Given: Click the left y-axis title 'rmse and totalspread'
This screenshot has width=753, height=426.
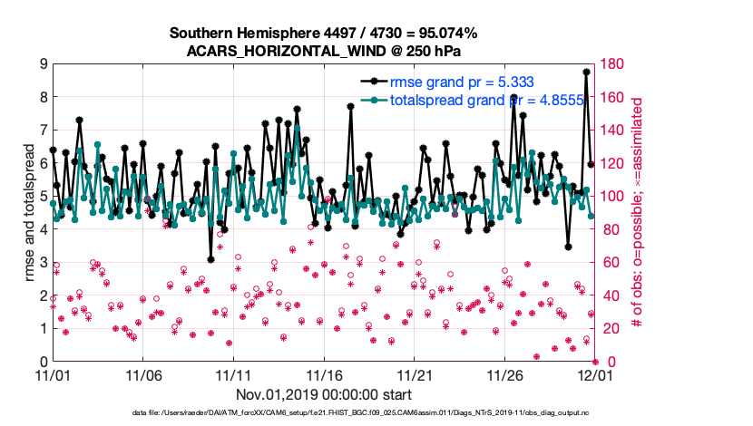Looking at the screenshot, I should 30,212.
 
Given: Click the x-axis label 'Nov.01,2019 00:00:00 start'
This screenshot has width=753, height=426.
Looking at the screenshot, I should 324,394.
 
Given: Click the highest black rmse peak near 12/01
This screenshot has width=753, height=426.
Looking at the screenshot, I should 587,72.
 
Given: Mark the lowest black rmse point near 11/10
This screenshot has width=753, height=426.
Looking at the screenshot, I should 210,259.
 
